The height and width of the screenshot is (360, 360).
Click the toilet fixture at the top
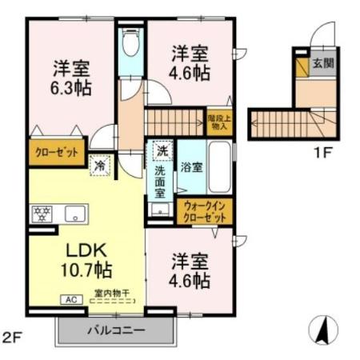130,45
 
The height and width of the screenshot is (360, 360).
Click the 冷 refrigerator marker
100,164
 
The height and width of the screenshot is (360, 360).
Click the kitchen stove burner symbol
42,214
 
